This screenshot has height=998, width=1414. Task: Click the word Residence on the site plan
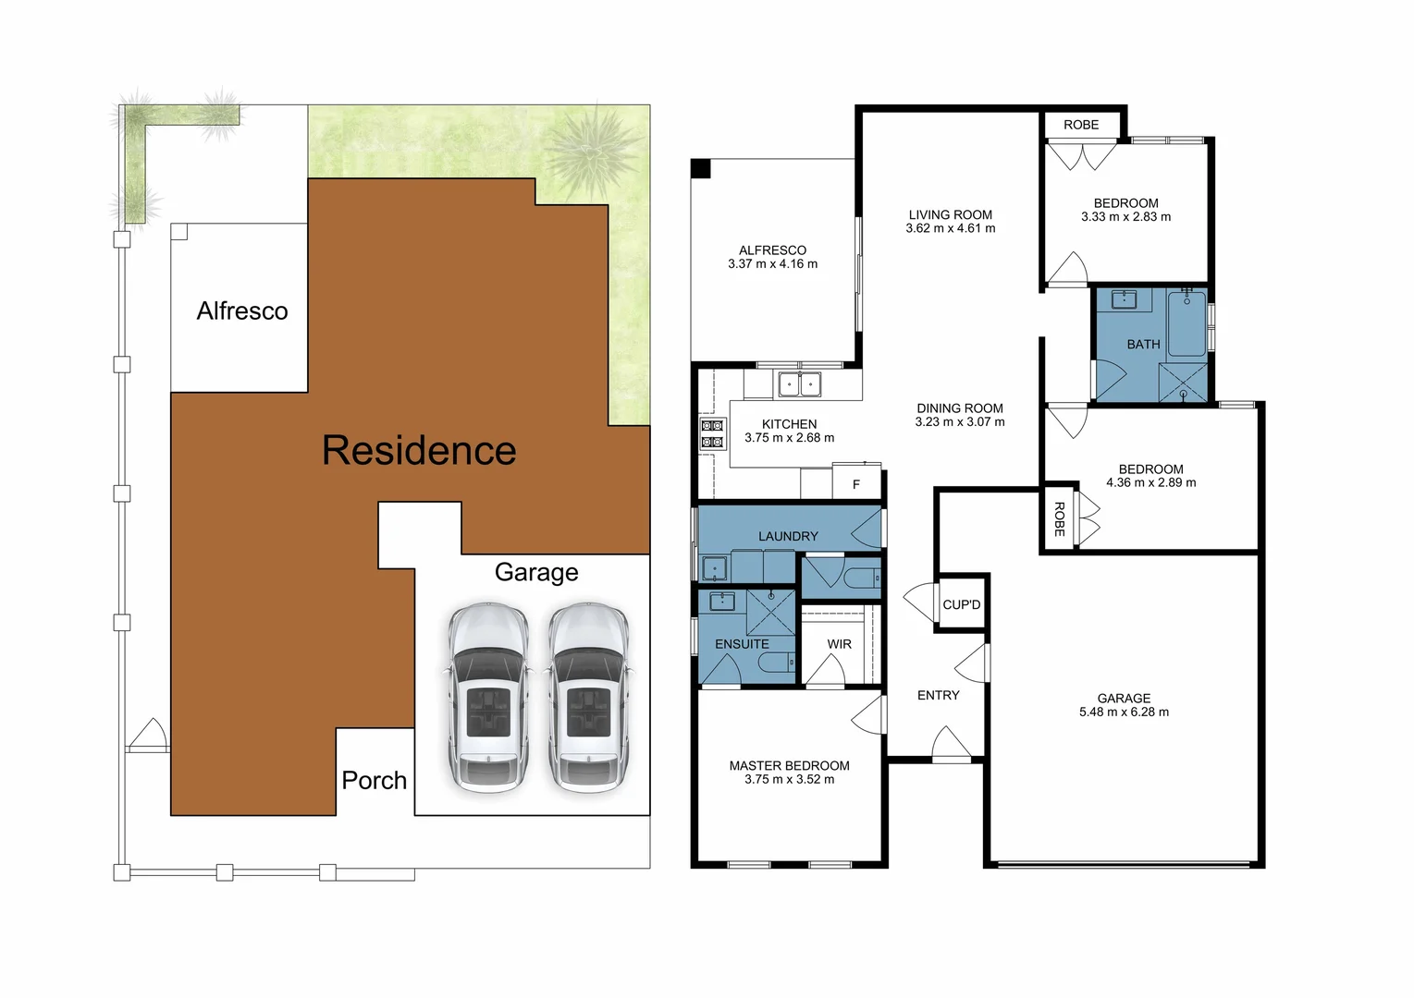tap(419, 451)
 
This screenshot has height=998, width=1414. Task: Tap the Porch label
tap(374, 781)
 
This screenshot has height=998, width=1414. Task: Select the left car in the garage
tap(488, 698)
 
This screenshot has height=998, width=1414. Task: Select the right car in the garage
tap(588, 698)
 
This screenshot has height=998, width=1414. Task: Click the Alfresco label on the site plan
tap(242, 311)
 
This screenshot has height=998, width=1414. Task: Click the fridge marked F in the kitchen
tap(856, 484)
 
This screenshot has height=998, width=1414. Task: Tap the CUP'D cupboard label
tap(961, 605)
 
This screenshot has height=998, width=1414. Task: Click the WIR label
tap(839, 645)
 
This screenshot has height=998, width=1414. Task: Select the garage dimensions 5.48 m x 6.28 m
tap(1124, 712)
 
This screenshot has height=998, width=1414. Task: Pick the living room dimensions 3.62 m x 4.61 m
tap(950, 228)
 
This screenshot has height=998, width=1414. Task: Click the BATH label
tap(1143, 345)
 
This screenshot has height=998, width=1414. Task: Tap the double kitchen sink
tap(800, 383)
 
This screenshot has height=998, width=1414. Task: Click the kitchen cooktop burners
tap(712, 434)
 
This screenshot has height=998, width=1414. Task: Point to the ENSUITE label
tap(742, 644)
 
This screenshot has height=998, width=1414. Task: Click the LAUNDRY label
tap(788, 536)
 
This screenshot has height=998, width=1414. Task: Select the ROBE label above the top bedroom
tap(1080, 125)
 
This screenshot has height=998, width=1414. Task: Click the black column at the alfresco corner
tap(701, 168)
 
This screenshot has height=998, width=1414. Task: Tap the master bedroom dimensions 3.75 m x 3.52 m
tap(789, 780)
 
